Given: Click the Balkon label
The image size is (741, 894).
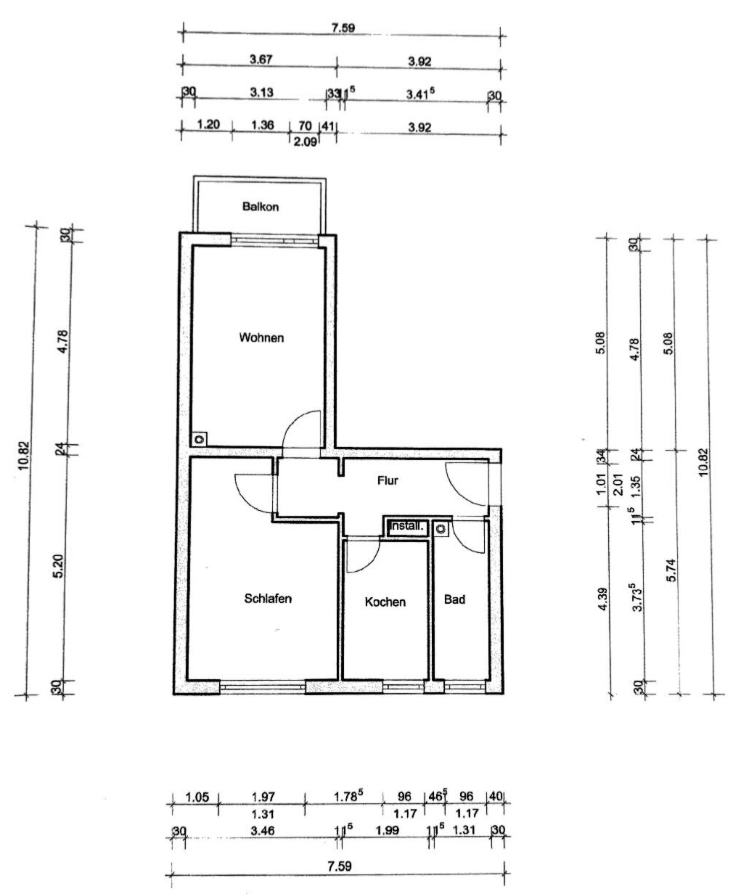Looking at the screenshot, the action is pos(261,207).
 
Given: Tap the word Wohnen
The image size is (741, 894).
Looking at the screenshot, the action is pos(261,338).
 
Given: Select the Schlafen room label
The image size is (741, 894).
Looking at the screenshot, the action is pos(268,599).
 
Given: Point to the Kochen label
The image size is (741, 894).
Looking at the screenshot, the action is pos(385,602).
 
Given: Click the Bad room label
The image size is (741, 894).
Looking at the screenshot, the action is pos(454,599).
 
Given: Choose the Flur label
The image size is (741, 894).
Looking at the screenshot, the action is pos(388,480).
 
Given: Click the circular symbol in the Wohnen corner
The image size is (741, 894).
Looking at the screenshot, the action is pos(199,439).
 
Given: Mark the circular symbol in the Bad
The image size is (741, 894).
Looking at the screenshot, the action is pos(441,529).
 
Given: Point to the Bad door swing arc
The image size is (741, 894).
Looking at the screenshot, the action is pos(464,545).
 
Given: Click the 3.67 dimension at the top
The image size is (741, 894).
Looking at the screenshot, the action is pos(261,59).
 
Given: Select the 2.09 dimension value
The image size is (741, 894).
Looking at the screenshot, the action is pos(305,142).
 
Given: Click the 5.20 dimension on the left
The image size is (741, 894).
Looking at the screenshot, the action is pos(58,566).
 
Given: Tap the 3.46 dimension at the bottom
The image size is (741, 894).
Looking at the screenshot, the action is pos(263,831).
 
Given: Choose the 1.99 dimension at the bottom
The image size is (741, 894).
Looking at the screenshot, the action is pos(388,831).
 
